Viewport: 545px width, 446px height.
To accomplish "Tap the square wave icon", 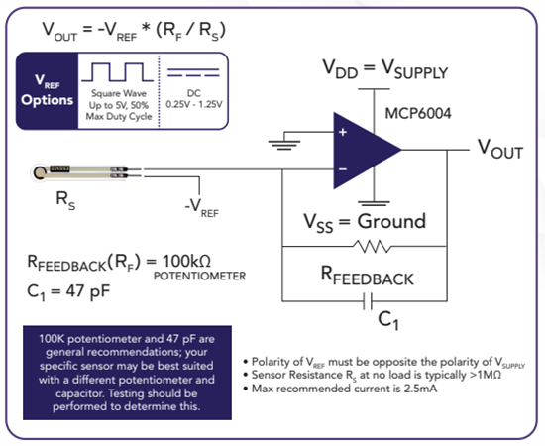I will coord(115,72).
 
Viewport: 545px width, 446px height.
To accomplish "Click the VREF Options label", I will coord(46,91).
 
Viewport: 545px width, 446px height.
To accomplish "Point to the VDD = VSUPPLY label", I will coord(384,71).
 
